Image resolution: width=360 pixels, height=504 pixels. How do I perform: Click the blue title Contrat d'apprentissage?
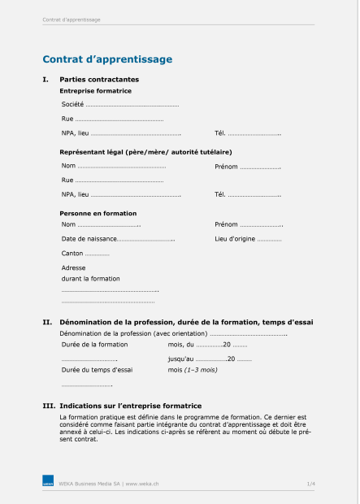tap(107, 59)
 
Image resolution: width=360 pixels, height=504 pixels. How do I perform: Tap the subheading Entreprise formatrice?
tap(96, 90)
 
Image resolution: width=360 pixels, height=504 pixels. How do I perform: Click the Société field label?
tap(72, 105)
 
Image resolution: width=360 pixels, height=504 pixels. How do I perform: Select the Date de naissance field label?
tap(89, 239)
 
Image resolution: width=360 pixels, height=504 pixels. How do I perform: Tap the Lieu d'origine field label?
tap(234, 239)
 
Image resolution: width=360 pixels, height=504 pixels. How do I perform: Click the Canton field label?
tap(72, 254)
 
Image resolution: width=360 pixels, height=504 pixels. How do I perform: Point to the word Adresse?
tap(73, 267)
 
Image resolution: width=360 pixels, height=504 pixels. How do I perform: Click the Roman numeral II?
tap(47, 323)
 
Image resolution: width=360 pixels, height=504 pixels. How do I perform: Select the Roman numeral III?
tap(49, 406)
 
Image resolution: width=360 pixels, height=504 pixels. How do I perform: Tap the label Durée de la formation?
tap(94, 345)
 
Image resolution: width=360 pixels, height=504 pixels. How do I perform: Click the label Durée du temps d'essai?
tap(98, 370)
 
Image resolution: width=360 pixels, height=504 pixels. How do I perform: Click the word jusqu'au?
tap(180, 358)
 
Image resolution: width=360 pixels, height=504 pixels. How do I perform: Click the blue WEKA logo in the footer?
tap(48, 483)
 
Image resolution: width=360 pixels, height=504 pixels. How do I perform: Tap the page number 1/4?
tap(310, 484)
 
